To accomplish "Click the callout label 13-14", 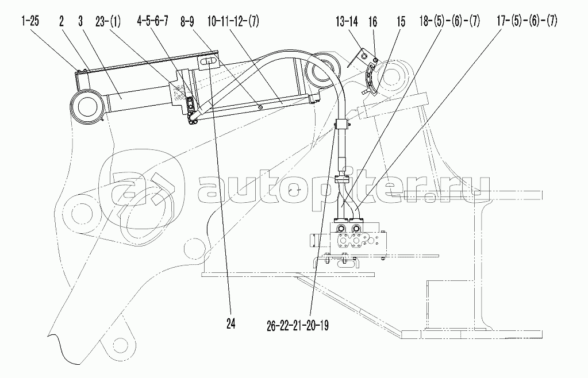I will click(x=347, y=22).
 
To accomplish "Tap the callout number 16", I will click(x=372, y=22).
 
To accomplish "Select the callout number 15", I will click(x=400, y=22).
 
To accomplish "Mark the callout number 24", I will click(x=232, y=324).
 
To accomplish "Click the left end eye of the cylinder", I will click(x=87, y=106).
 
